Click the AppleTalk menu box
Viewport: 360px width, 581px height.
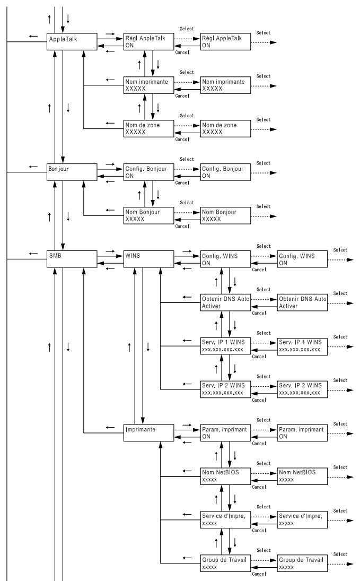point(72,41)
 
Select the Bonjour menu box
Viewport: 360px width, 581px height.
point(72,172)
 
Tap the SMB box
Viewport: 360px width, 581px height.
point(72,259)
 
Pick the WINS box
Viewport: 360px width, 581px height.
point(148,259)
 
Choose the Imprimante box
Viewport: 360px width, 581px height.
point(148,433)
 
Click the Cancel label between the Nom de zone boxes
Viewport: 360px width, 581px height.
point(182,140)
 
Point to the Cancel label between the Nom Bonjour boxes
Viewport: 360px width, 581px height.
point(182,226)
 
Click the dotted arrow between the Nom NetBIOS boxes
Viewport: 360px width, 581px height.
point(264,473)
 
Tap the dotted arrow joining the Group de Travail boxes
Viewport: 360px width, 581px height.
point(264,560)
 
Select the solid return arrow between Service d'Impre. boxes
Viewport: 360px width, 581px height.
point(264,524)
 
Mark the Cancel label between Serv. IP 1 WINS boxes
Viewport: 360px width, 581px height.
point(259,357)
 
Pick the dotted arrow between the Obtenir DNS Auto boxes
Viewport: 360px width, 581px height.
point(264,299)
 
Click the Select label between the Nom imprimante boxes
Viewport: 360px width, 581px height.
point(187,72)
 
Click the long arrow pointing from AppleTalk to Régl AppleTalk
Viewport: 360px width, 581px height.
point(110,38)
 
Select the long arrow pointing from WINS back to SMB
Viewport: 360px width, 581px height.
point(110,264)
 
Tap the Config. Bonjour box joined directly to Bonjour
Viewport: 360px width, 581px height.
point(148,172)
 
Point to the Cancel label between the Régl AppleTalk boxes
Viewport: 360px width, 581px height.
point(182,52)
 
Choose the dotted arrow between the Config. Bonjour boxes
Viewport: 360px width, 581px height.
point(187,169)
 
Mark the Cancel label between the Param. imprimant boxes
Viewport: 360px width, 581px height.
point(259,444)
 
